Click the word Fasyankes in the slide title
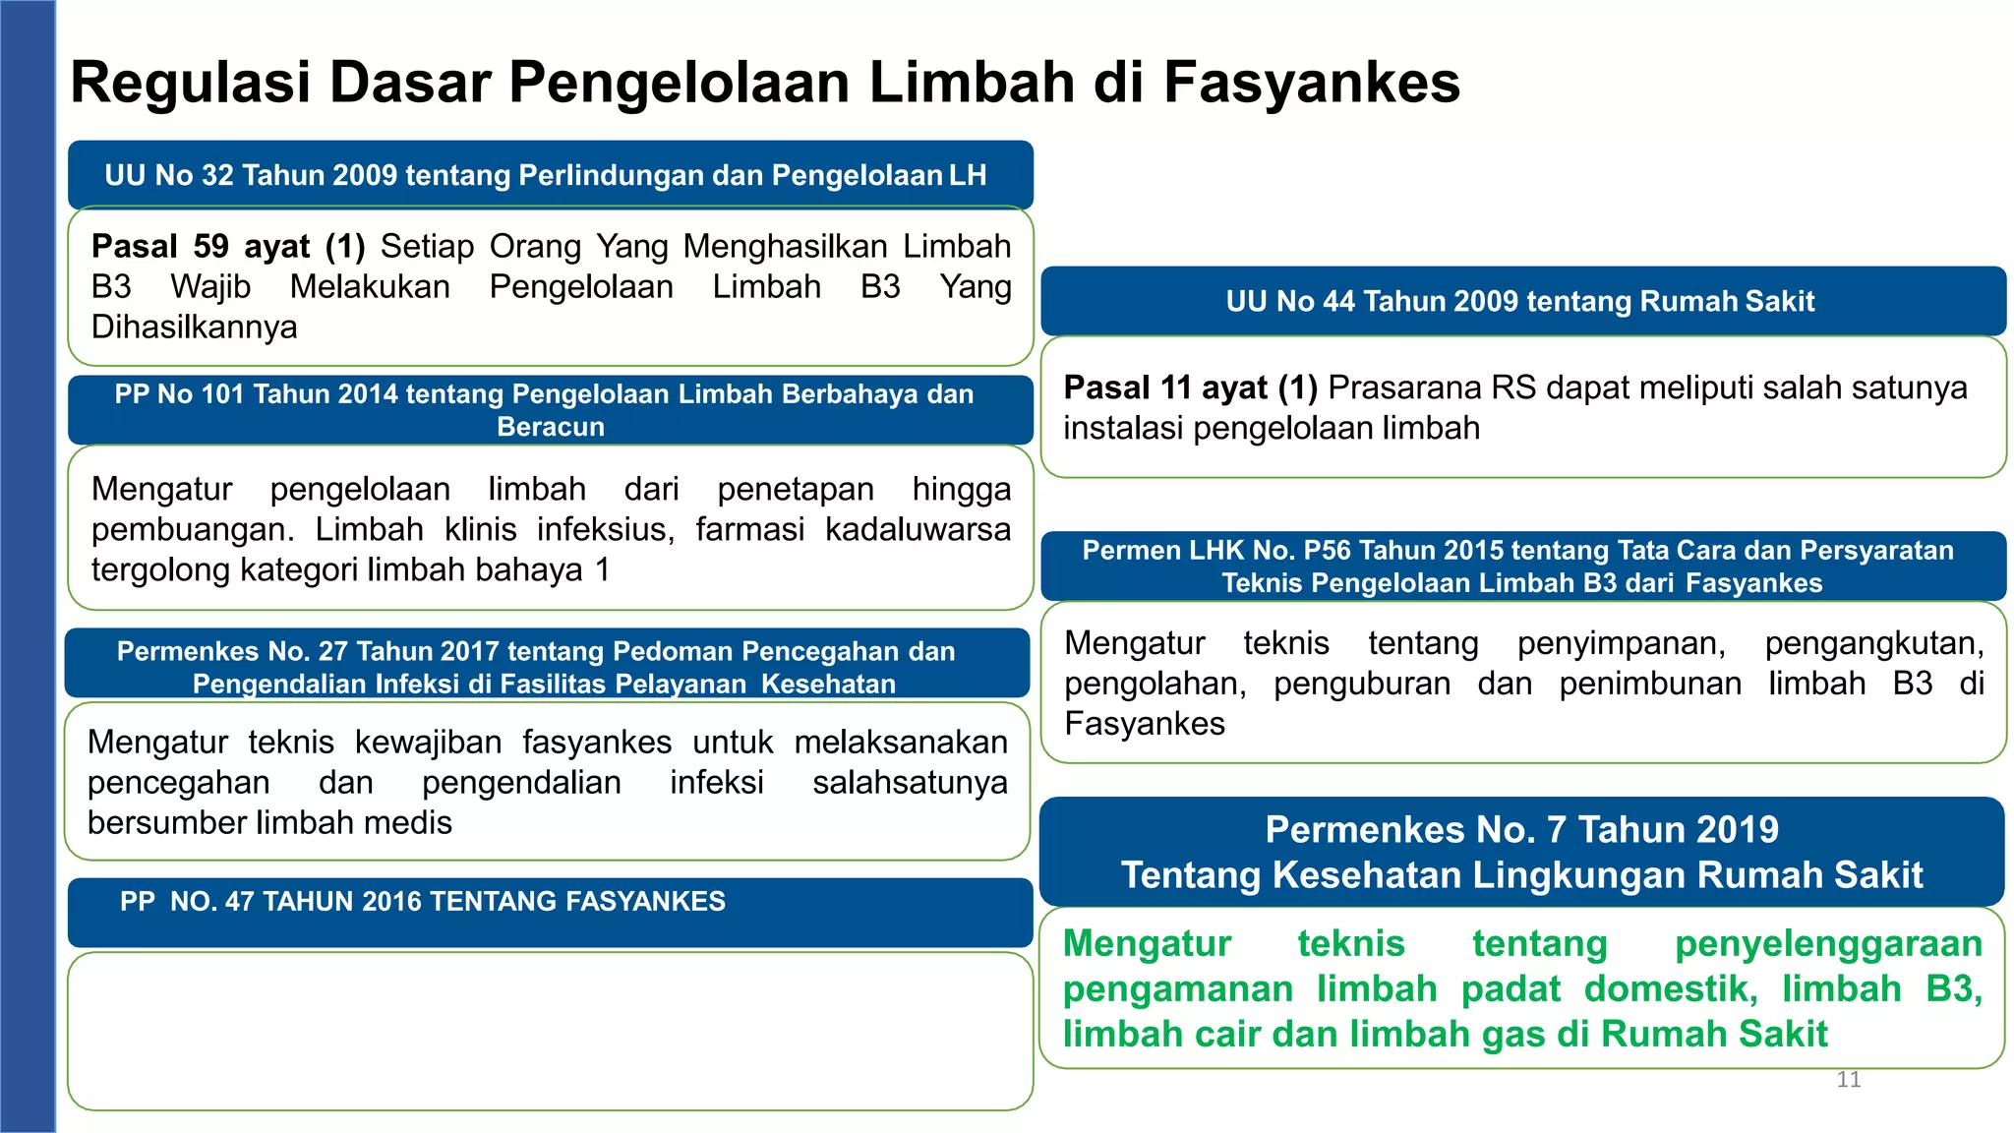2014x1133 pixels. click(x=1311, y=83)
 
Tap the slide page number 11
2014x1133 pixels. click(x=1848, y=1080)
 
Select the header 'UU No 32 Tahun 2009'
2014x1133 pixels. click(x=546, y=175)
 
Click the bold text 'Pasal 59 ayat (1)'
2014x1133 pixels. click(x=228, y=246)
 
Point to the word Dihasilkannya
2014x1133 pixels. click(x=194, y=327)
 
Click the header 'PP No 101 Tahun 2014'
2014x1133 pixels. click(x=544, y=409)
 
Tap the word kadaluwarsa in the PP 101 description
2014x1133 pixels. click(x=917, y=529)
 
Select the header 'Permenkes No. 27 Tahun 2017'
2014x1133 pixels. click(x=536, y=666)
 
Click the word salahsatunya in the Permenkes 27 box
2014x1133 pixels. click(x=909, y=783)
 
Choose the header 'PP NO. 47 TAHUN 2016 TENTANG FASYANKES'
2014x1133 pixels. click(x=423, y=901)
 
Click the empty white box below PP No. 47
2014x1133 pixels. click(x=550, y=1031)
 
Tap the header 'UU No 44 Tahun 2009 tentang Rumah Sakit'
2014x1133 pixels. click(x=1519, y=301)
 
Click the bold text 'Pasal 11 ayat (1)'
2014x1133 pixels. click(x=1190, y=388)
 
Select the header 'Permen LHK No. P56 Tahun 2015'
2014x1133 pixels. click(x=1519, y=566)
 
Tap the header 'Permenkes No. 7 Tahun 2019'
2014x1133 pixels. click(x=1520, y=851)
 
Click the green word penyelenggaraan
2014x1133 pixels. click(x=1828, y=944)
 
